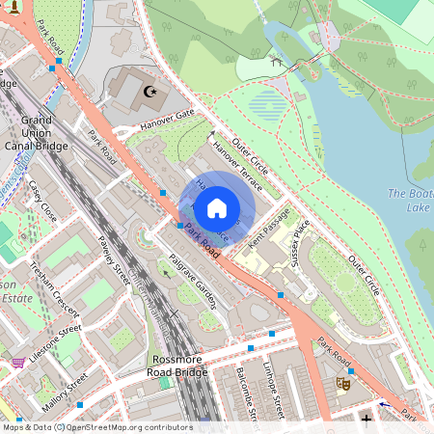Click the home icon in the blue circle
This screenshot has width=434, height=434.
(216, 206)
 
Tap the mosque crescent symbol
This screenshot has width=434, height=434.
(149, 92)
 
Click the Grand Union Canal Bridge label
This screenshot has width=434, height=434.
(42, 134)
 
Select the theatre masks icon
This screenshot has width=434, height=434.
(341, 383)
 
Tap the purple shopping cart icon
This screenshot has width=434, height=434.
(17, 363)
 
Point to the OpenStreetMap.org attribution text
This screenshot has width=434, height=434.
(118, 426)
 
